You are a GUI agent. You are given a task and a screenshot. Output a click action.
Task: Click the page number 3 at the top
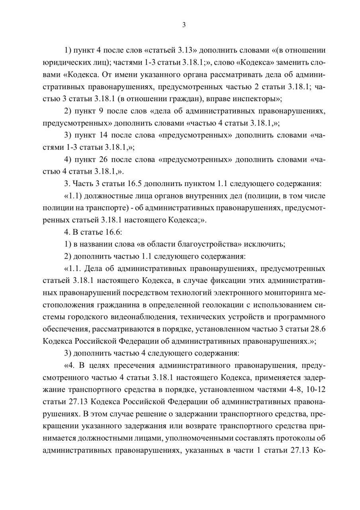pyautogui.click(x=184, y=25)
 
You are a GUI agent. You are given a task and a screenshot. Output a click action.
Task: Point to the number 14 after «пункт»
pyautogui.click(x=103, y=135)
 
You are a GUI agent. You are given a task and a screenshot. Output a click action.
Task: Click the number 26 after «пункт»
pyautogui.click(x=103, y=160)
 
